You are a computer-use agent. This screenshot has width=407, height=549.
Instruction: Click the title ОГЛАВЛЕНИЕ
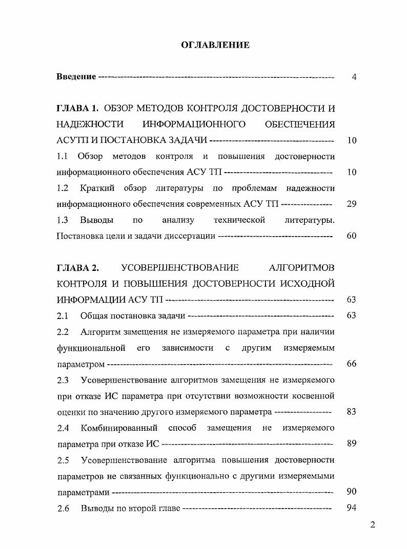coord(215,45)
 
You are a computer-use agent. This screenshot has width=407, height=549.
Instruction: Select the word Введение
coord(76,77)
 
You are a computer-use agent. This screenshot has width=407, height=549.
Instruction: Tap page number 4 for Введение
coord(354,77)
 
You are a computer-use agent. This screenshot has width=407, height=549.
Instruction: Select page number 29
coord(351,204)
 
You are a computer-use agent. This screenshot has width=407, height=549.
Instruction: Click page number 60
coord(351,236)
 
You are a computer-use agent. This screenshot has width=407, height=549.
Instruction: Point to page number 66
coord(351,364)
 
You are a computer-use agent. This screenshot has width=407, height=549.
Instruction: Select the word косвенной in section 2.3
coord(314,396)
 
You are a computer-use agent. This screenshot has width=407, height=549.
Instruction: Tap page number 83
coord(351,412)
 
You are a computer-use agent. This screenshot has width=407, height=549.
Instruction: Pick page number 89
coord(351,444)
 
